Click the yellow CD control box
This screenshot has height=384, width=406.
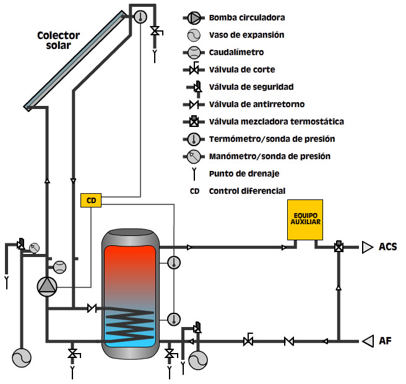click(x=91, y=200)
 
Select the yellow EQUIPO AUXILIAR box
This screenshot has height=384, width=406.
click(x=304, y=219)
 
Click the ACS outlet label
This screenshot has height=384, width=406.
click(x=387, y=247)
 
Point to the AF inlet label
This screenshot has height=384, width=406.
click(x=385, y=340)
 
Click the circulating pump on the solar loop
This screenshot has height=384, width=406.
click(x=47, y=286)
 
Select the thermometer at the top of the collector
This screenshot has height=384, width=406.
click(x=140, y=16)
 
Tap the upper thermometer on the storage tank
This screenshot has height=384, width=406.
click(x=174, y=263)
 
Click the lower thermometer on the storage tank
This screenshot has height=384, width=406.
click(x=174, y=319)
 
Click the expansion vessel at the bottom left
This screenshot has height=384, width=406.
click(x=21, y=357)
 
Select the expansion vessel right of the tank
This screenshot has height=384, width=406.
click(x=199, y=360)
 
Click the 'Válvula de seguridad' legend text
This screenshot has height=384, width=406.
click(x=251, y=87)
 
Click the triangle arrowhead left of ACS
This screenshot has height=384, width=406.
click(x=368, y=247)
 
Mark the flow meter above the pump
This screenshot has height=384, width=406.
click(x=59, y=267)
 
